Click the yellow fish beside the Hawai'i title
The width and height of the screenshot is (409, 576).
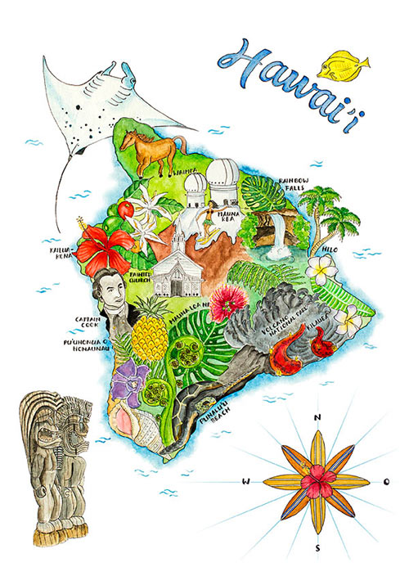[x=343, y=65]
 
